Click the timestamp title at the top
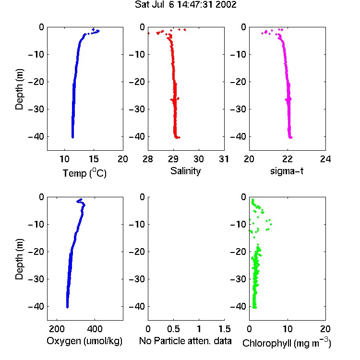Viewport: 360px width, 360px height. click(x=185, y=5)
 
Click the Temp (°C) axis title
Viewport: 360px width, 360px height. click(x=84, y=173)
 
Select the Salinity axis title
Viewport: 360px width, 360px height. click(x=185, y=171)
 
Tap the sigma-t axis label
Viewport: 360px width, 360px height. click(x=287, y=171)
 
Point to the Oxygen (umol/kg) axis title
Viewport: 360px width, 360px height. click(x=84, y=341)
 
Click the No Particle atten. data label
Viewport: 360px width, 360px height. click(x=185, y=341)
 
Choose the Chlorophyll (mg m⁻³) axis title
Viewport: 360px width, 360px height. click(x=287, y=343)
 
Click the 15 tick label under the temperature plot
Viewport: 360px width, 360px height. click(x=94, y=159)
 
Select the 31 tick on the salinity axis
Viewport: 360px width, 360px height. click(x=224, y=159)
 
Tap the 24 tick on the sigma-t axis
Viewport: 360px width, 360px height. click(x=325, y=159)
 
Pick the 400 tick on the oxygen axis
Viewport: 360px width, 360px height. click(x=95, y=329)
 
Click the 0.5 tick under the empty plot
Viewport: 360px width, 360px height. click(x=173, y=329)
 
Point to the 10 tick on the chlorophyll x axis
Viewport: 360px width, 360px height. click(x=287, y=329)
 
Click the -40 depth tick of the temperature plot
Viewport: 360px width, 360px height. click(x=36, y=137)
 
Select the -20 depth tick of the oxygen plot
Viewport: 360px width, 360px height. click(x=36, y=252)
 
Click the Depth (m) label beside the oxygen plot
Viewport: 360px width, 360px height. click(x=19, y=259)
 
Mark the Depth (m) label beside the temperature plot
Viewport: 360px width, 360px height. click(x=19, y=89)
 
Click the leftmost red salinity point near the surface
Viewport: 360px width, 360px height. click(x=148, y=34)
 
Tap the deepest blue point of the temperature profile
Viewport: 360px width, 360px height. click(x=72, y=137)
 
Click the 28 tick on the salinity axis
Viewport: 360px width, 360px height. click(x=148, y=159)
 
